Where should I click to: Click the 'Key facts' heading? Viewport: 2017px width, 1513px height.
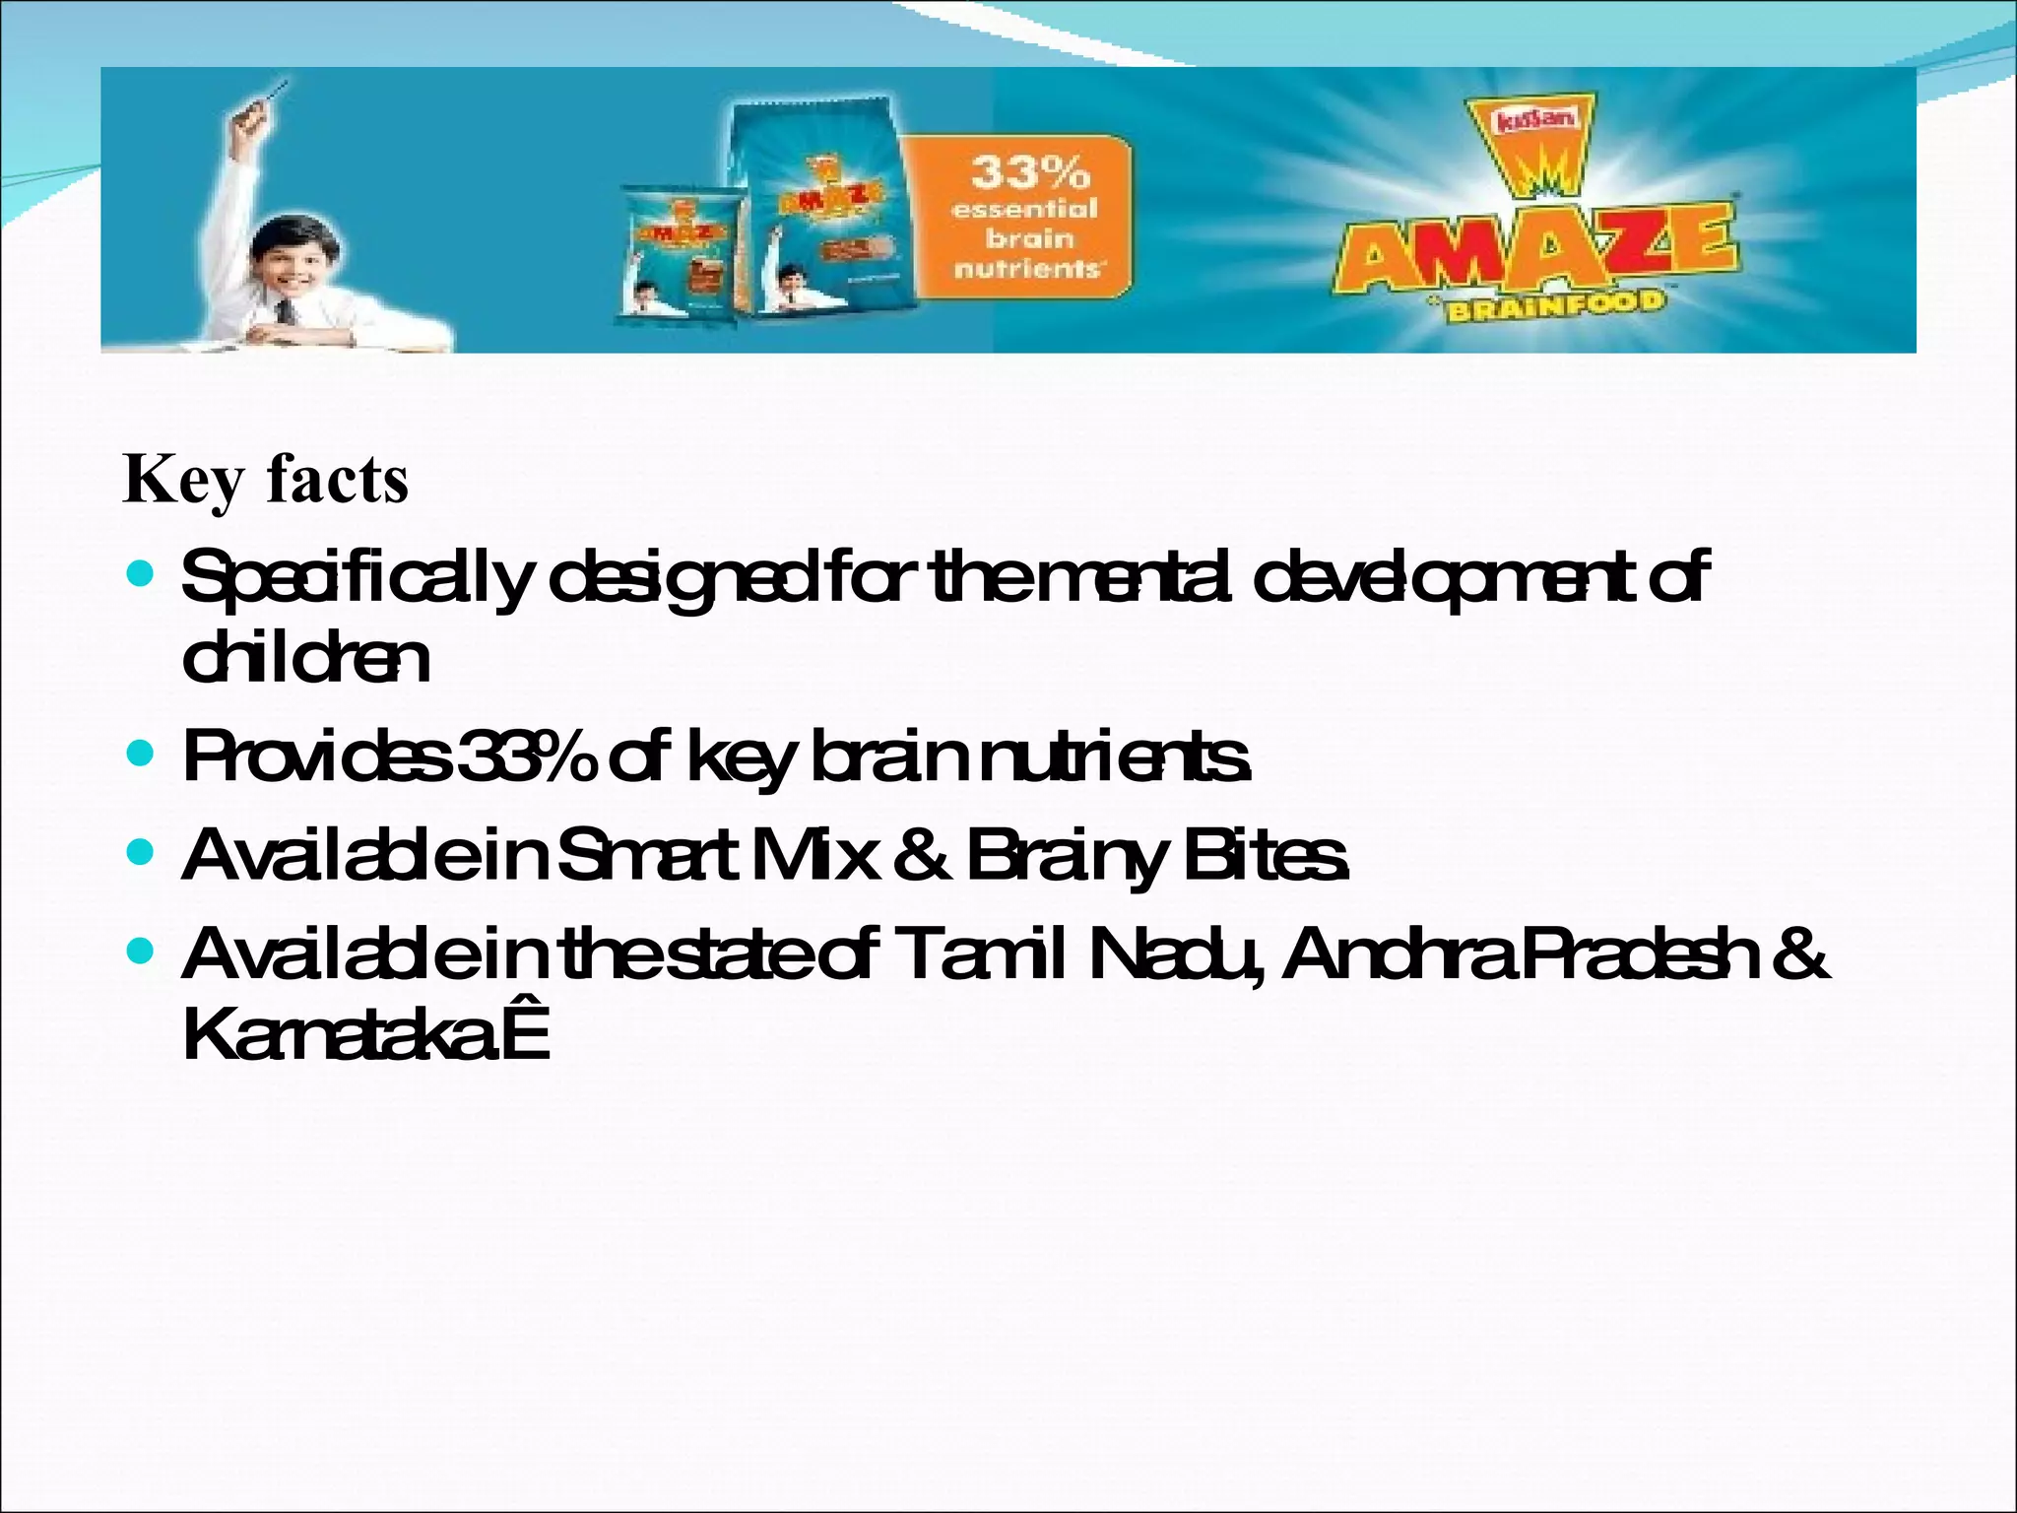click(x=265, y=480)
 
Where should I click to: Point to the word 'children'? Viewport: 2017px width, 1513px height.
click(x=306, y=659)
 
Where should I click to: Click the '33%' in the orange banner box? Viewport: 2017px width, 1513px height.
click(x=1030, y=173)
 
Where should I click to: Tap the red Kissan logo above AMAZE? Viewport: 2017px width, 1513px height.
click(x=1536, y=122)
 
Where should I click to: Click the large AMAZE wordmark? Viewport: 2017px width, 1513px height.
click(x=1537, y=246)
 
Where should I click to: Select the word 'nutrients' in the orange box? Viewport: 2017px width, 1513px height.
click(x=1026, y=267)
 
